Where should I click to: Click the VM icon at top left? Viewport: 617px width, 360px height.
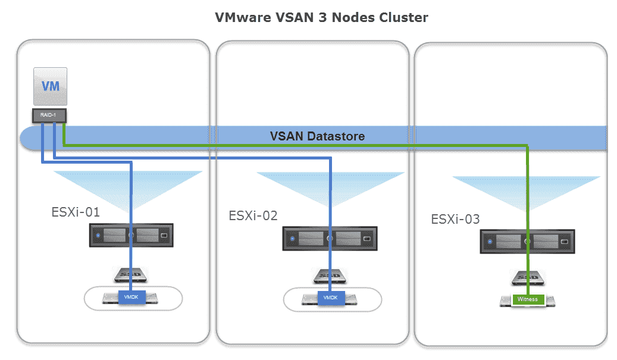click(x=50, y=87)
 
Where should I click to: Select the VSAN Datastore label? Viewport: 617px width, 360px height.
click(x=317, y=136)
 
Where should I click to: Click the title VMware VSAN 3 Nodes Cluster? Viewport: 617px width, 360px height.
click(x=321, y=17)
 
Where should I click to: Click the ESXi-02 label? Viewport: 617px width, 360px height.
click(x=253, y=215)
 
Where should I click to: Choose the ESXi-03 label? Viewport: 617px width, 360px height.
click(x=455, y=219)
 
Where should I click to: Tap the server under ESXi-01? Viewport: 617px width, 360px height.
click(x=131, y=236)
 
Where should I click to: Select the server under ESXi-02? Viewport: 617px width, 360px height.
click(x=329, y=239)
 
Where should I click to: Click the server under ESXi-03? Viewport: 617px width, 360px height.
click(x=528, y=242)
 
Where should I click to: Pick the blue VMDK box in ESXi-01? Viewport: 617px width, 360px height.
click(x=131, y=297)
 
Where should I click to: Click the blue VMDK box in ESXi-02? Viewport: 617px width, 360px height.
click(x=330, y=297)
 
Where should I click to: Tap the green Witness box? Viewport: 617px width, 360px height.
click(x=528, y=299)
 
